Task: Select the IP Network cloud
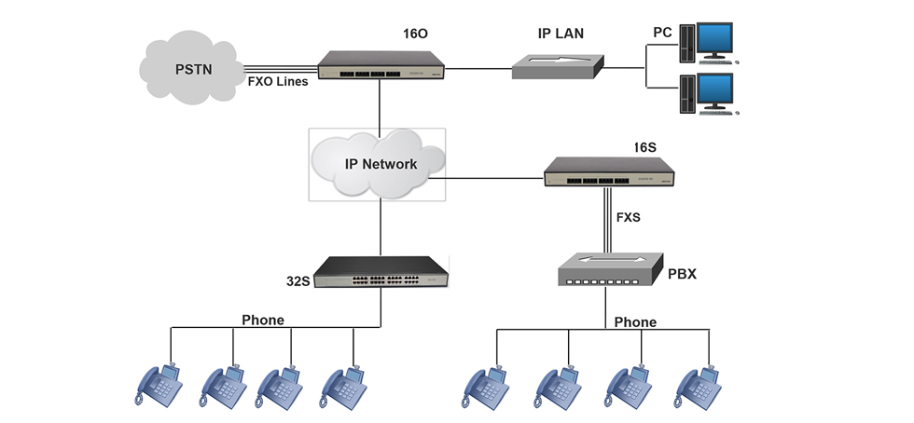click(378, 165)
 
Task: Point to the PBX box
click(609, 269)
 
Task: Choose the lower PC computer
click(708, 93)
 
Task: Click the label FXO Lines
click(277, 81)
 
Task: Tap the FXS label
click(630, 218)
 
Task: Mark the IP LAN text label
click(561, 34)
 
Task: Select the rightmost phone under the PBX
click(701, 384)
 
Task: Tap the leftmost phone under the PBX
click(487, 384)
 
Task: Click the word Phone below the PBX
click(635, 322)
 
